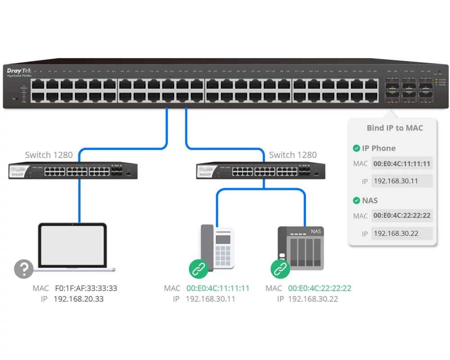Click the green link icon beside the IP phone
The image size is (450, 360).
pos(198,269)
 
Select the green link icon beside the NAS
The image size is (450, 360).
pos(280,269)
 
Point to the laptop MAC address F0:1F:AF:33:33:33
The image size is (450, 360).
pos(86,288)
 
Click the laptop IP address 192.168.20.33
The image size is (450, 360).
pos(79,299)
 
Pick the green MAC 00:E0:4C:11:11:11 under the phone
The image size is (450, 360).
pos(218,288)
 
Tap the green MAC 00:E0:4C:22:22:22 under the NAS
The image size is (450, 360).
pos(320,288)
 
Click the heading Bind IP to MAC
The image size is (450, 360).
pos(395,128)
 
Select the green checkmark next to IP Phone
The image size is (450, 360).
pos(356,148)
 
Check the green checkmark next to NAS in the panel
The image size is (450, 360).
pos(356,200)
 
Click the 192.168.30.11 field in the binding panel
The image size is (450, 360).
pos(402,181)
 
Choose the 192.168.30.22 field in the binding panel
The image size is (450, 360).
pos(402,234)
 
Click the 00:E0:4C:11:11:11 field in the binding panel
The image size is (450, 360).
pos(402,164)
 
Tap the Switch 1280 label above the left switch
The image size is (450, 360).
pos(49,155)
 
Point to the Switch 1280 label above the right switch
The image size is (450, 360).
pos(293,155)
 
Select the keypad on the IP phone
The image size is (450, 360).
pos(223,254)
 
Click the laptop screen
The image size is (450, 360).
pos(72,245)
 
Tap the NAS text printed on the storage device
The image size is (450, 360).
pos(316,231)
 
